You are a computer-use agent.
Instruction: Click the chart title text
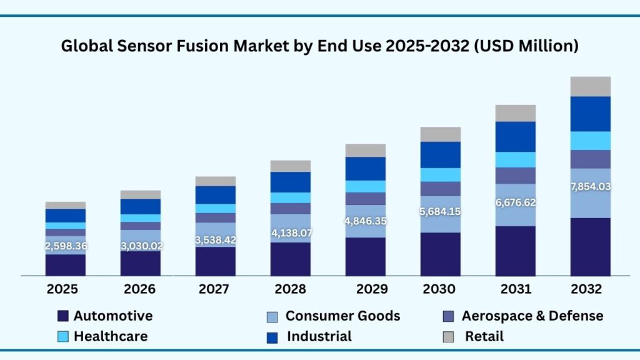point(319,46)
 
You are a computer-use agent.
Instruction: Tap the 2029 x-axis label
point(365,289)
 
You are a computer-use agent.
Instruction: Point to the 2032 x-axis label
point(590,289)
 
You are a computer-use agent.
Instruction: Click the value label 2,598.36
point(66,246)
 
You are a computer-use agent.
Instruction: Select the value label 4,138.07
point(291,234)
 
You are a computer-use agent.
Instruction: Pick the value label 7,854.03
point(591,186)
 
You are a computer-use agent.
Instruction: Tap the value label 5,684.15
point(441,212)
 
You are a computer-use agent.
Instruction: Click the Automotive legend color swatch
point(62,316)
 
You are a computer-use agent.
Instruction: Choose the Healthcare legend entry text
point(111,336)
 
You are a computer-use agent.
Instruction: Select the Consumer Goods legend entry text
point(342,316)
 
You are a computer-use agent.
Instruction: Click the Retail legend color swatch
point(448,337)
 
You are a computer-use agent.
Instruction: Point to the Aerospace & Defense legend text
point(532,316)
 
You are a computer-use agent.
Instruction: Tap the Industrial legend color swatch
point(271,337)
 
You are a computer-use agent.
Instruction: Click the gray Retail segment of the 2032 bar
point(591,86)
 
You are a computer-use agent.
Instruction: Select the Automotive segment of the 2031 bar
point(516,251)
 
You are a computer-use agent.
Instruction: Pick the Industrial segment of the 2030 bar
point(441,154)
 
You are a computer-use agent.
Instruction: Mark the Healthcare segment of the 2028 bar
point(291,197)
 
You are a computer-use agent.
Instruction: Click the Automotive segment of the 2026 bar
point(141,263)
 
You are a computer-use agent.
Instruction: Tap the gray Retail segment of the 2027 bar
point(216,181)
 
